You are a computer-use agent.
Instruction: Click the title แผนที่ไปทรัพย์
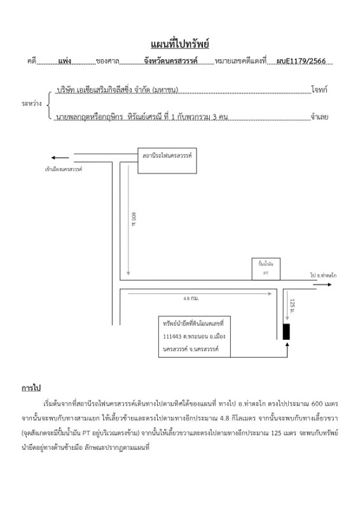pos(180,44)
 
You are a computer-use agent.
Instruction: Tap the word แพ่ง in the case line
pos(64,62)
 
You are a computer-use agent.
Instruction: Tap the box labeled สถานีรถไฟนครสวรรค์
pos(167,161)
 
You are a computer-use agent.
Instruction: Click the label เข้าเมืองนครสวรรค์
pos(64,169)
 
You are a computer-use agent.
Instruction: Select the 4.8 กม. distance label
pos(191,298)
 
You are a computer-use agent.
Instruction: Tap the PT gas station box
pos(265,268)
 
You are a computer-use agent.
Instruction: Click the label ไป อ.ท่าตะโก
pos(323,275)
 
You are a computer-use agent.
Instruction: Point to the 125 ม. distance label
pos(292,307)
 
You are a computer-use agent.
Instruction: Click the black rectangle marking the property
pos(286,331)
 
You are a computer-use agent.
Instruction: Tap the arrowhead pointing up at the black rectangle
pos(287,345)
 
